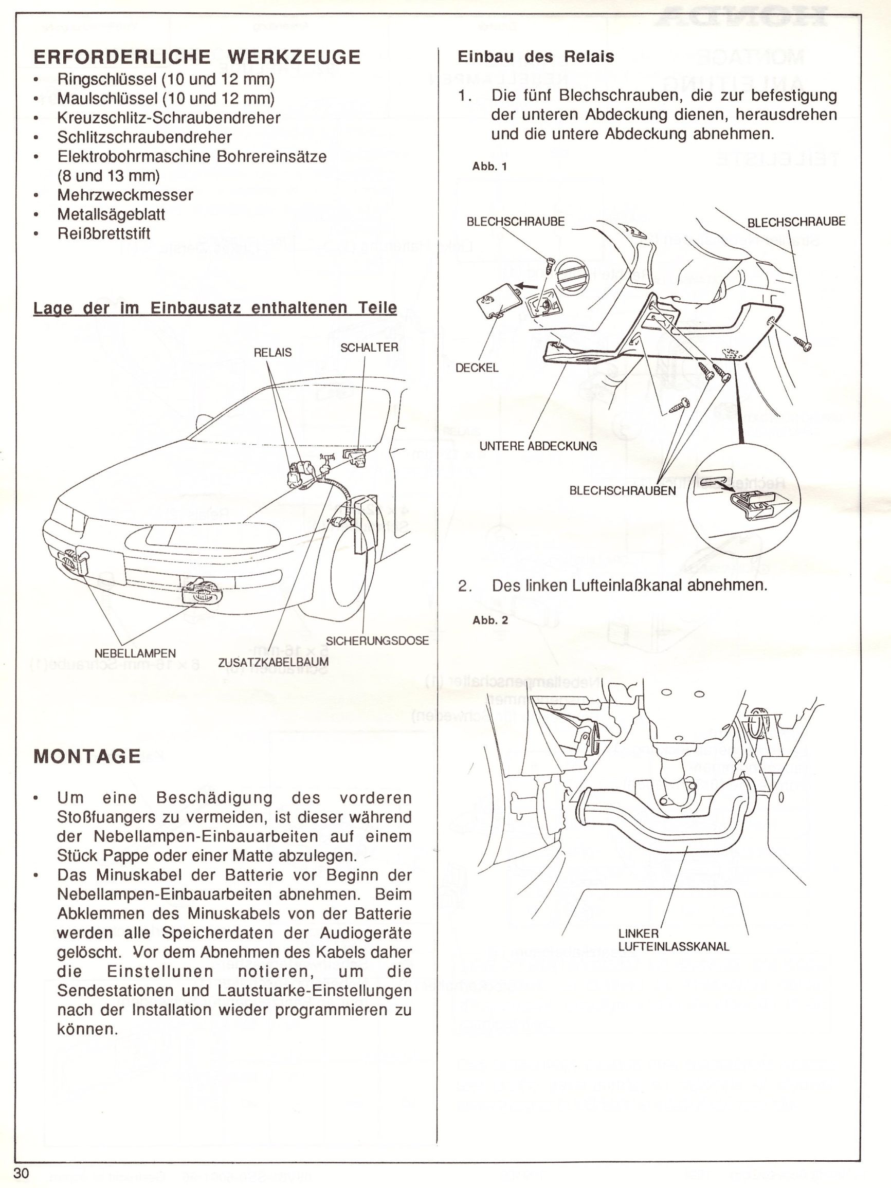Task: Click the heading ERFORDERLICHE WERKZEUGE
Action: (x=196, y=58)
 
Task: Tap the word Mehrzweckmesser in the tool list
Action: (x=125, y=195)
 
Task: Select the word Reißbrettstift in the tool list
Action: (x=104, y=233)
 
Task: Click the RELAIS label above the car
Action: (x=273, y=352)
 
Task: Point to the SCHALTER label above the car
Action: (x=369, y=348)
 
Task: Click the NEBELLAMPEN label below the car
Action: (x=135, y=653)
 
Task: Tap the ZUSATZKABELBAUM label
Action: (x=274, y=663)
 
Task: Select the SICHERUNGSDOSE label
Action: (x=377, y=641)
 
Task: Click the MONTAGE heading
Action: (x=87, y=757)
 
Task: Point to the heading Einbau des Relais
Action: (x=535, y=57)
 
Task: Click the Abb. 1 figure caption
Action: (x=489, y=167)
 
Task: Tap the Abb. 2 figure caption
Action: (x=490, y=620)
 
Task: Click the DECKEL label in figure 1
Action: (x=477, y=368)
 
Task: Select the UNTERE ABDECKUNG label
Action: (x=538, y=446)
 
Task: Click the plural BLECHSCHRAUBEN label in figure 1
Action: (x=623, y=491)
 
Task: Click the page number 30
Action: (x=21, y=1174)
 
